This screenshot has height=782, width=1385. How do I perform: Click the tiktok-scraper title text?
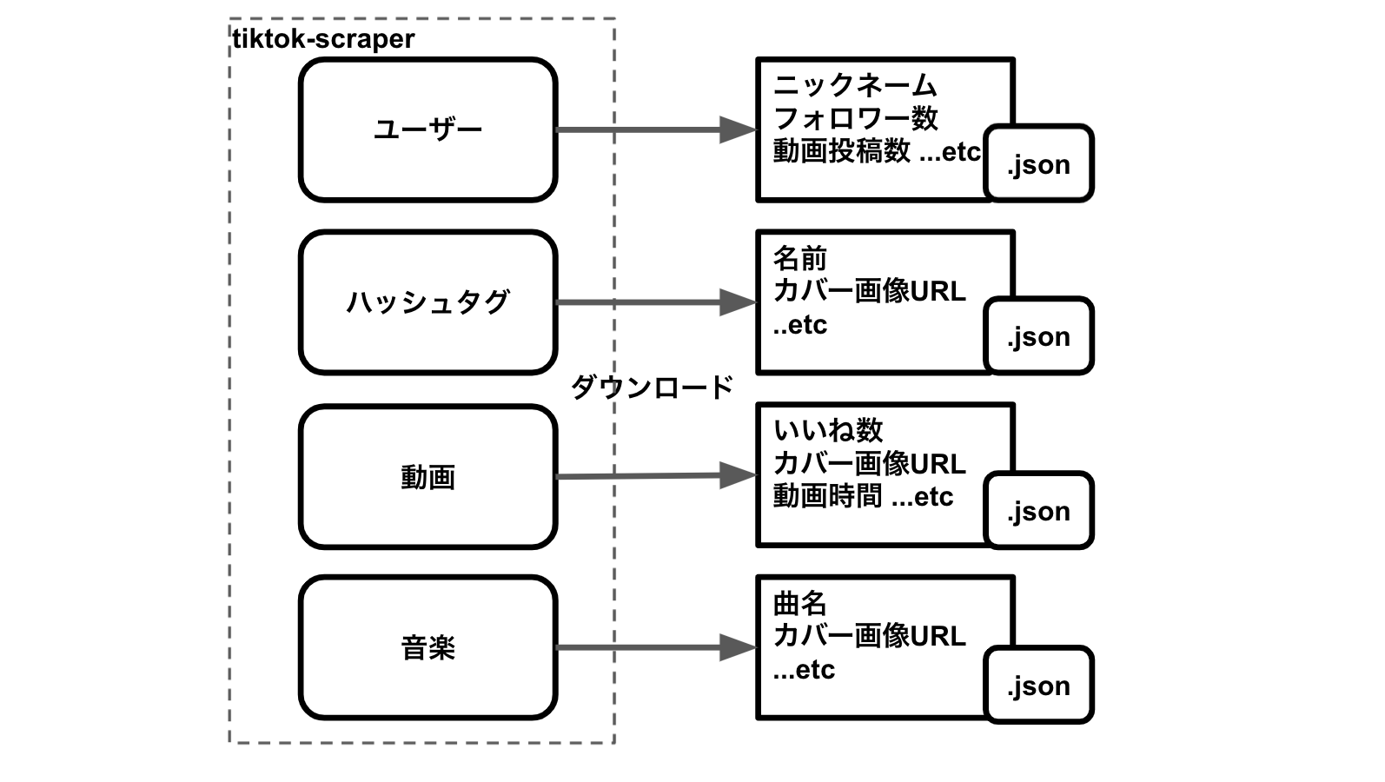point(323,39)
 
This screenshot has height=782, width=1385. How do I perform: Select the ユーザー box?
point(427,130)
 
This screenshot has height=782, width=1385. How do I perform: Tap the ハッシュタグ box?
point(427,302)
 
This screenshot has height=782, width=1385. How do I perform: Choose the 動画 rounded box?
point(427,476)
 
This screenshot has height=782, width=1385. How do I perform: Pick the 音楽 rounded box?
point(427,647)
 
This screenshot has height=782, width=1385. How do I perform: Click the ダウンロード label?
point(652,387)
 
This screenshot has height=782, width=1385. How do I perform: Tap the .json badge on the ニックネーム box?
point(1038,164)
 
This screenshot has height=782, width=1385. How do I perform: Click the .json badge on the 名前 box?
point(1038,336)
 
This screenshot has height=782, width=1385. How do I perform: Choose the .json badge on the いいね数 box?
point(1038,511)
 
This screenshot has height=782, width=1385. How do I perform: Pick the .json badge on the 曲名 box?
point(1038,686)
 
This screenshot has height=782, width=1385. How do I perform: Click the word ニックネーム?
point(855,85)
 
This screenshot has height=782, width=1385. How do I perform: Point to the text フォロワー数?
point(855,118)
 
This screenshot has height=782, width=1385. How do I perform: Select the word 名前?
point(799,258)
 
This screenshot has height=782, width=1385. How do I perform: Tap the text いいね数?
point(828,430)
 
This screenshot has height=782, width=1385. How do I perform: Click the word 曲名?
point(799,603)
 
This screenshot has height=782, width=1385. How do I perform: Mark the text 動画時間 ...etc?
point(863,497)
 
